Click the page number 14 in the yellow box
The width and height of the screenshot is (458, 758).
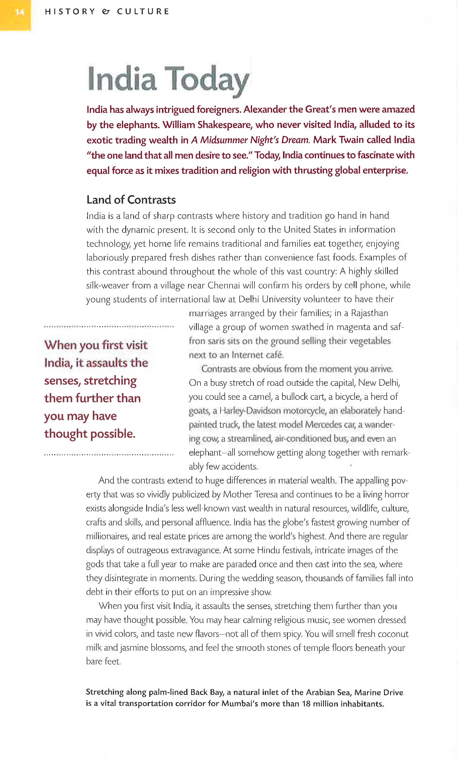pos(19,12)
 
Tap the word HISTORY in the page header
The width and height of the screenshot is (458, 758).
pos(70,12)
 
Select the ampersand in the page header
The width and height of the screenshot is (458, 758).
pos(106,12)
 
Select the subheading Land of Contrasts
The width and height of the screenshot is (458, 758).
pos(131,200)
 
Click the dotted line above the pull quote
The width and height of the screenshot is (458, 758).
pos(109,326)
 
